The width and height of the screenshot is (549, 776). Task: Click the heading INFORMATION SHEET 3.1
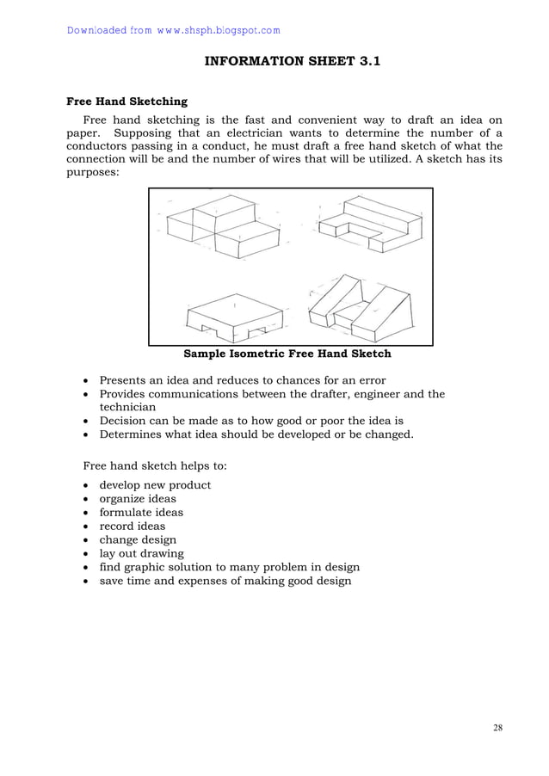point(291,61)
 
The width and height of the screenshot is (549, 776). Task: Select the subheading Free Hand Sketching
point(127,102)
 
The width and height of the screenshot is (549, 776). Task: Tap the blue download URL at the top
point(173,31)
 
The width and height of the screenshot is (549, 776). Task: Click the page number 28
point(498,728)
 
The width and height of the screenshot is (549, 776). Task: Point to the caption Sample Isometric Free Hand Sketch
point(287,354)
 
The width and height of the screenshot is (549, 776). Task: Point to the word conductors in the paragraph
point(98,146)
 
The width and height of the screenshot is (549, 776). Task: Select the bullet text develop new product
point(155,485)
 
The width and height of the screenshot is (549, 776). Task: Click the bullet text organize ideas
point(138,499)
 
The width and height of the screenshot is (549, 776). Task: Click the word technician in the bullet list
point(127,408)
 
